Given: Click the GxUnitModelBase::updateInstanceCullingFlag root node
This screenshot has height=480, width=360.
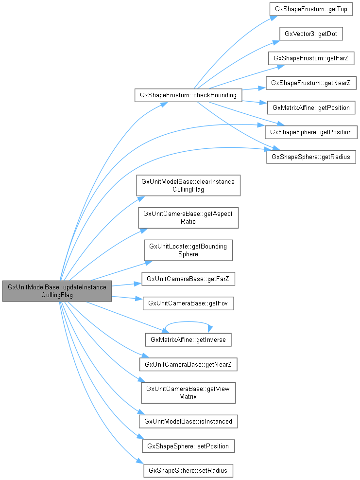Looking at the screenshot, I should click(x=57, y=291).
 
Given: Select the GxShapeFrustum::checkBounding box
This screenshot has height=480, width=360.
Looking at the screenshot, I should click(x=188, y=95).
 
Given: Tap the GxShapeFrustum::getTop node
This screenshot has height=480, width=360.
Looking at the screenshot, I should click(x=311, y=9).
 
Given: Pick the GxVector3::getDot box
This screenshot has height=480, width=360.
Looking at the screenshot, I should click(x=311, y=34).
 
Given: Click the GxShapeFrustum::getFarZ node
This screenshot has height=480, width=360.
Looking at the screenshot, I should click(x=311, y=58).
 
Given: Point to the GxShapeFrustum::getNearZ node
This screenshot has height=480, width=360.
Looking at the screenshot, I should click(x=311, y=83).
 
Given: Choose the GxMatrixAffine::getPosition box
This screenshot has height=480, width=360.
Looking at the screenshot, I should click(x=311, y=107).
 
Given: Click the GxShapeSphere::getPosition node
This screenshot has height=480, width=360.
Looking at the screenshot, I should click(x=311, y=132).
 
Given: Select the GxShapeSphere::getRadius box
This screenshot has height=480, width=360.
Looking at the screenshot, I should click(x=311, y=157).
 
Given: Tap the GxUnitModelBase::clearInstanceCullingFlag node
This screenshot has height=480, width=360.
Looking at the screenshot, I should click(x=188, y=185).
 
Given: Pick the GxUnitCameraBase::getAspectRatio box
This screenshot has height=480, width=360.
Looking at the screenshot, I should click(x=188, y=217).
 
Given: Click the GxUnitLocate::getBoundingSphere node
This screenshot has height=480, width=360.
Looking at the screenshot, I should click(x=188, y=250).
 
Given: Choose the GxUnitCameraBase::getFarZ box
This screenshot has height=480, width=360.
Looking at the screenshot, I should click(x=188, y=279).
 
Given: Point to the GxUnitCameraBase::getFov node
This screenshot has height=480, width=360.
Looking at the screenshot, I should click(x=188, y=303).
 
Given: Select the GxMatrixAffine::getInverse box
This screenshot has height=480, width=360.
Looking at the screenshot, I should click(x=188, y=339).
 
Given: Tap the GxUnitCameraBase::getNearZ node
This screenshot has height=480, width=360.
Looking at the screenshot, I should click(x=188, y=364).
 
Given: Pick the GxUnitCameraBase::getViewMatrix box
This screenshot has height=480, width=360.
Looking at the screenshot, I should click(x=188, y=392).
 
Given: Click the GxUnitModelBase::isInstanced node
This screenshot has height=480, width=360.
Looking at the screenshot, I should click(x=188, y=421).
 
